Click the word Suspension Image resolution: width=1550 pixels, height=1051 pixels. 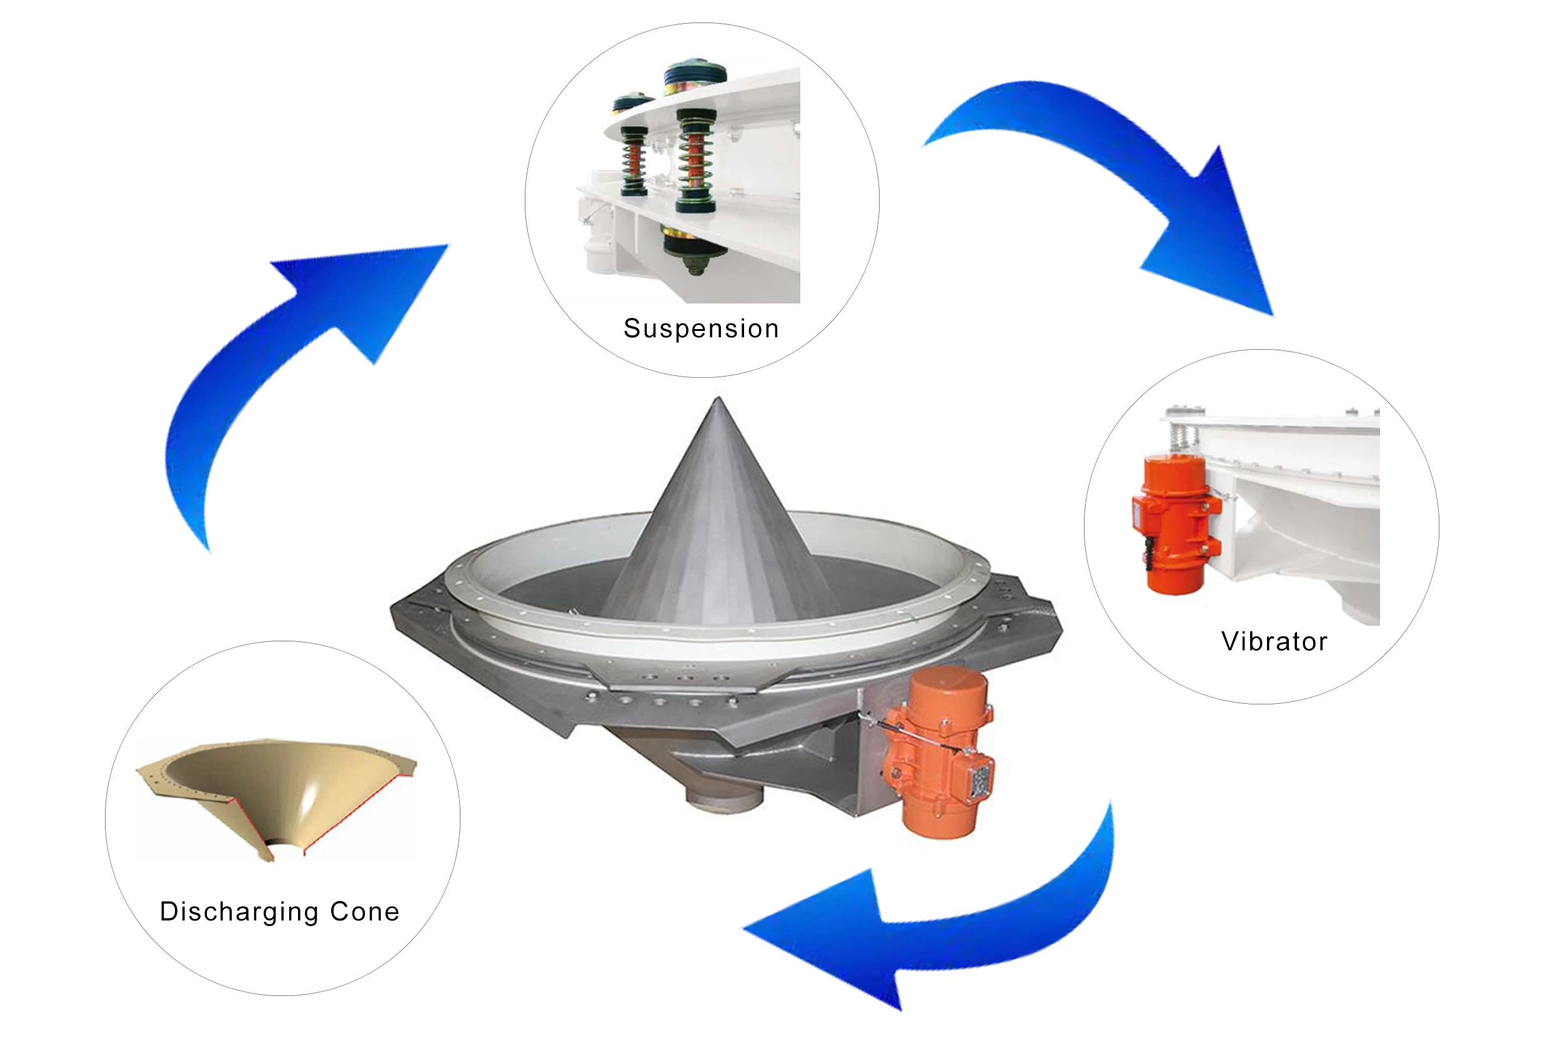tap(701, 328)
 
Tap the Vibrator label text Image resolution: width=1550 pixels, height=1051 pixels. tap(1274, 641)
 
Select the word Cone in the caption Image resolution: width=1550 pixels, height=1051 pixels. tap(364, 912)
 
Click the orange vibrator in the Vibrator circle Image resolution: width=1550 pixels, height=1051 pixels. tap(1174, 523)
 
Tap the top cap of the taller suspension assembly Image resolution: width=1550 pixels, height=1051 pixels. tap(695, 70)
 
